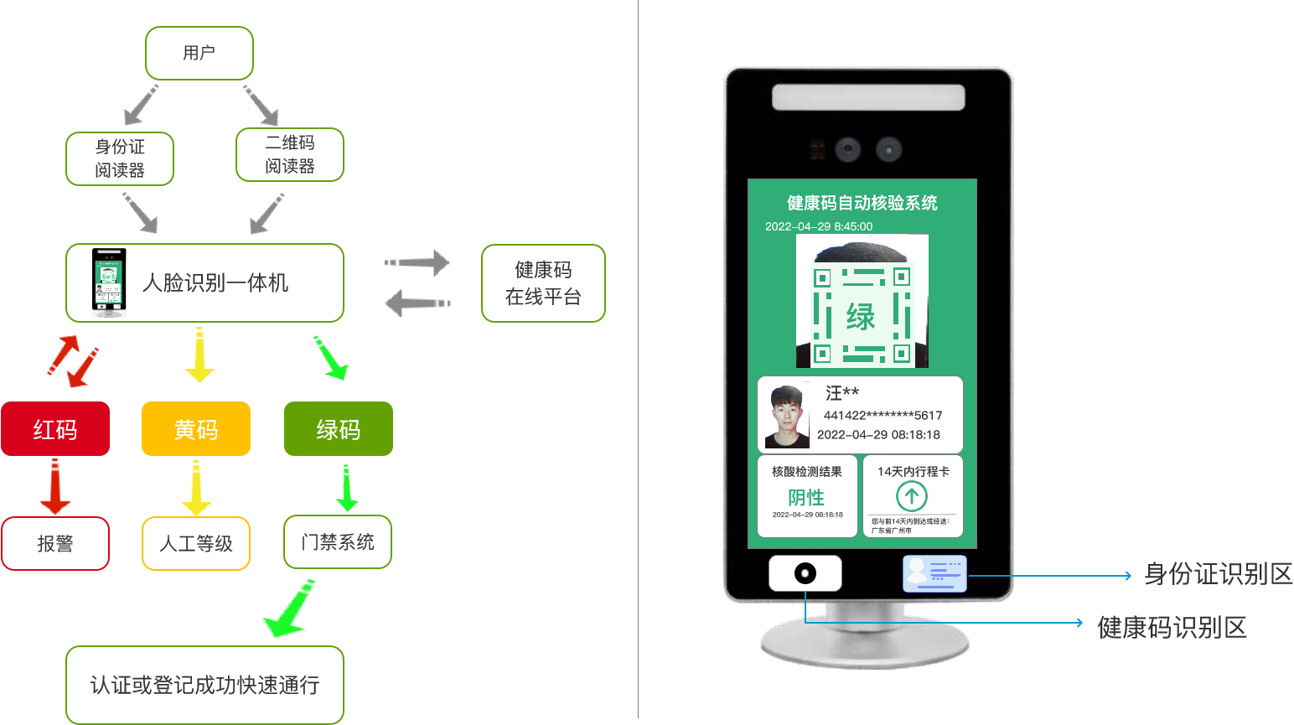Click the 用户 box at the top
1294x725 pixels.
tap(199, 53)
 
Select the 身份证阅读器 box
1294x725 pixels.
tap(120, 158)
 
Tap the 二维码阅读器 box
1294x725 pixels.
tap(290, 155)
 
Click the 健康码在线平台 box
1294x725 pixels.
tap(543, 283)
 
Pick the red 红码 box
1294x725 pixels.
tap(55, 429)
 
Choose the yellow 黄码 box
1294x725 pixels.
tap(196, 429)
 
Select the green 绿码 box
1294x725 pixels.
tap(339, 429)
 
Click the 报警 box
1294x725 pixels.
tap(55, 544)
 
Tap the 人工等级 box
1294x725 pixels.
tap(196, 544)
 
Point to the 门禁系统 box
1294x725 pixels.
tap(338, 542)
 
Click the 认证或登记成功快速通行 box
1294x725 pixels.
tap(204, 685)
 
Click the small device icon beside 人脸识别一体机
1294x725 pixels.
tap(109, 282)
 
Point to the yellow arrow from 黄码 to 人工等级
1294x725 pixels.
tap(196, 487)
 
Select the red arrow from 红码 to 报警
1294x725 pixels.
tap(55, 487)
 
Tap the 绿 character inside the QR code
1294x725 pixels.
tap(861, 318)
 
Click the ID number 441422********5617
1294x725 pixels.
tap(883, 415)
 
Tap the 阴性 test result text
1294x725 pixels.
tap(806, 497)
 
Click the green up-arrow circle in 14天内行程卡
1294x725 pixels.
tap(912, 496)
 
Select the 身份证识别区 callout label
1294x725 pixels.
tap(1219, 574)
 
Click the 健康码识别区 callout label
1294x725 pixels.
tap(1172, 627)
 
